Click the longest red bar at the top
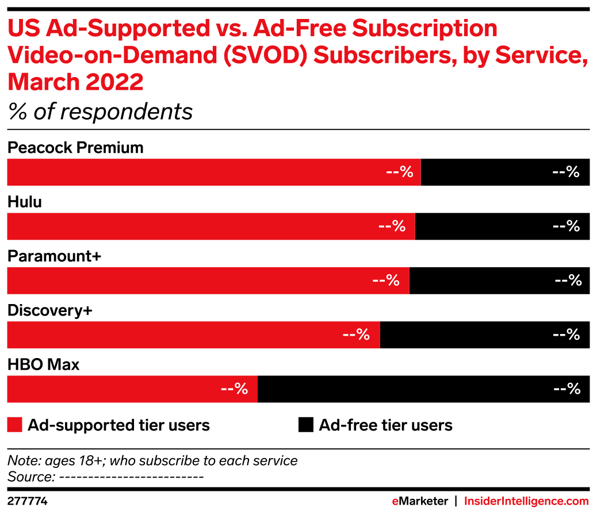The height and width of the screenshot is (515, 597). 213,172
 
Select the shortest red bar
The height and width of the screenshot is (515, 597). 132,389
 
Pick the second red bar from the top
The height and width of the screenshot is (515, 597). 211,226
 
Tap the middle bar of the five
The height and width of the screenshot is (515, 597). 207,280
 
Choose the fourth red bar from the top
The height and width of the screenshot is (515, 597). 193,335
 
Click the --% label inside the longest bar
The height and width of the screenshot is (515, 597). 400,172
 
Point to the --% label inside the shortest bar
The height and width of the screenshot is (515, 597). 234,389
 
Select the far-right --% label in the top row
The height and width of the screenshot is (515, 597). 565,172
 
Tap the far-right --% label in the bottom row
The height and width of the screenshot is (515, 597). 567,389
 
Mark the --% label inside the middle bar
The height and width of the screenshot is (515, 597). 386,280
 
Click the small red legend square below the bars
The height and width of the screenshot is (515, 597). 14,425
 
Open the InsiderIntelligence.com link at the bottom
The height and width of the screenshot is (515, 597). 526,501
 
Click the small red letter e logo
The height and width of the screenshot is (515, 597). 395,501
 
